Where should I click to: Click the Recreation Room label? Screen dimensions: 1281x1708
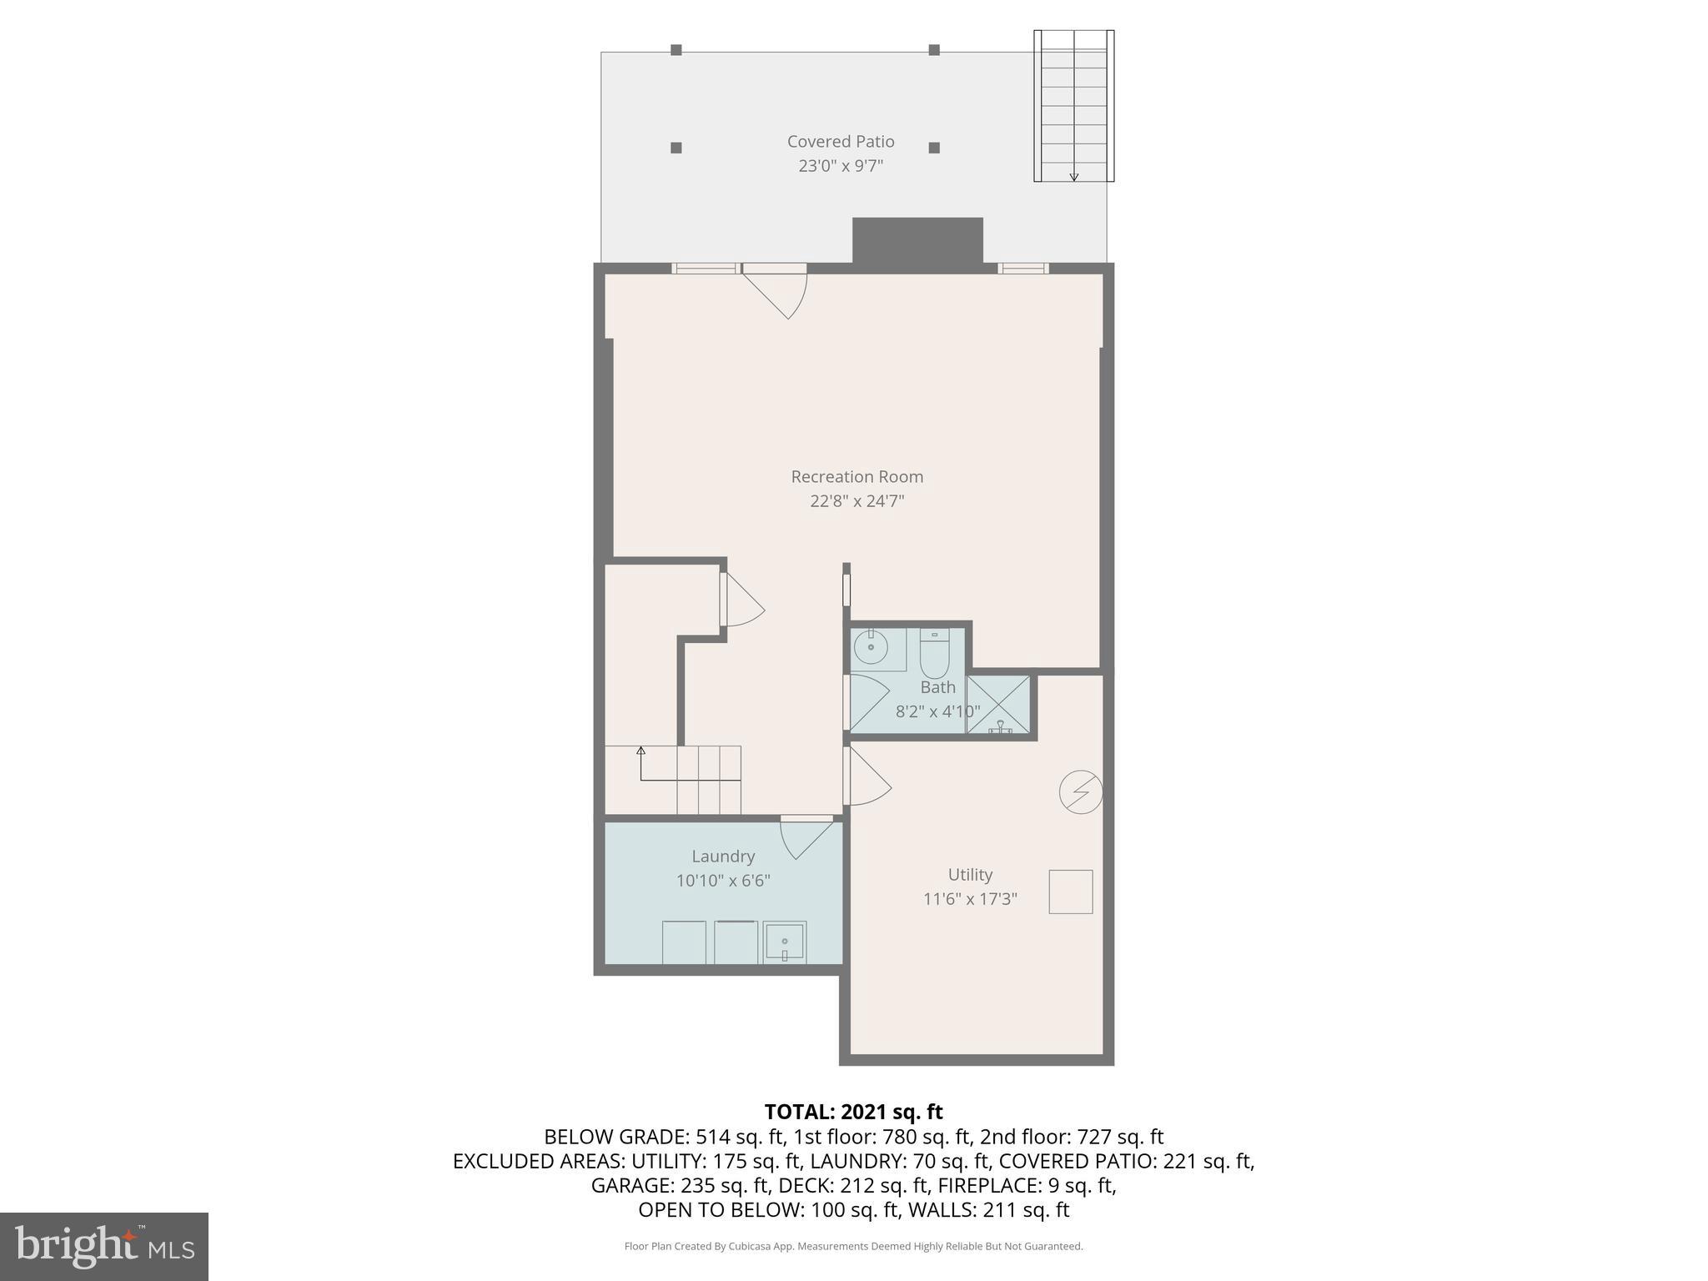tap(857, 477)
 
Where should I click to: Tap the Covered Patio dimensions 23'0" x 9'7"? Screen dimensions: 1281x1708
tap(841, 166)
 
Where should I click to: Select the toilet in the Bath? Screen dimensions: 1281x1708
tap(934, 654)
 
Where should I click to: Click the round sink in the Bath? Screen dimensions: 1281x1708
tap(871, 648)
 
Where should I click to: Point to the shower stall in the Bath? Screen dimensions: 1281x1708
tap(999, 705)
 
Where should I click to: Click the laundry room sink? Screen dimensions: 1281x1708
tap(784, 942)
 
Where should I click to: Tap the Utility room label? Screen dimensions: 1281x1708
tap(970, 875)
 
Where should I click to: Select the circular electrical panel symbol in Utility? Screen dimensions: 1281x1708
tap(1081, 791)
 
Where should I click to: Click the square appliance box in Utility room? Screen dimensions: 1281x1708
tap(1070, 892)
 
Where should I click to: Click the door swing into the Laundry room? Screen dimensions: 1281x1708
tap(805, 838)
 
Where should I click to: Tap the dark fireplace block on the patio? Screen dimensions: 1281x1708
tap(917, 240)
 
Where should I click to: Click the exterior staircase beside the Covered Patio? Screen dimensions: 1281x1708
tap(1073, 105)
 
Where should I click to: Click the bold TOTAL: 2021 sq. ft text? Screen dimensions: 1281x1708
tap(853, 1112)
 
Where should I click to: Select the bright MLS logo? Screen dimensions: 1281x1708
tap(104, 1246)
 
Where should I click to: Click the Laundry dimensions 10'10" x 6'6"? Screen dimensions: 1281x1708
tap(722, 881)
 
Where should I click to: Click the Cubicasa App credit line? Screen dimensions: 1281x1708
tap(853, 1247)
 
